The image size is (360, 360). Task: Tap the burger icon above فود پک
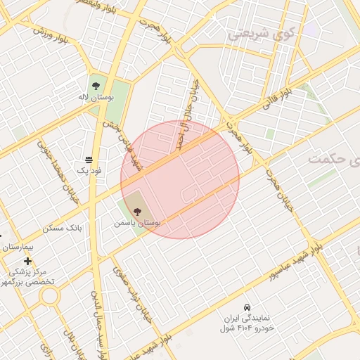pyautogui.click(x=89, y=160)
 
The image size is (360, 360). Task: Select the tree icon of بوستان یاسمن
pyautogui.click(x=136, y=210)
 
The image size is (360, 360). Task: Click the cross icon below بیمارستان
pyautogui.click(x=27, y=261)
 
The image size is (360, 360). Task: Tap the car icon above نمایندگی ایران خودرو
pyautogui.click(x=246, y=308)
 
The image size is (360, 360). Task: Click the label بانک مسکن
pyautogui.click(x=63, y=228)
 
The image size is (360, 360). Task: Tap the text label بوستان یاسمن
pyautogui.click(x=137, y=222)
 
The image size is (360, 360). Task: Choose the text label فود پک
pyautogui.click(x=89, y=171)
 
